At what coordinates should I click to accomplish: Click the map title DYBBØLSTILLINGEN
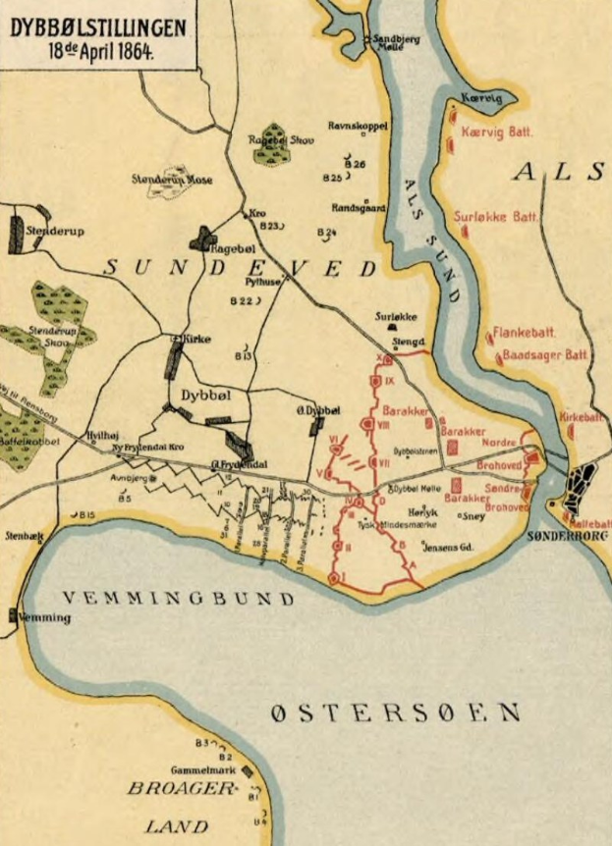point(97,29)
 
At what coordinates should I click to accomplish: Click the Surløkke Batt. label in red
point(496,217)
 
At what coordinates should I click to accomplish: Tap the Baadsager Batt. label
point(544,354)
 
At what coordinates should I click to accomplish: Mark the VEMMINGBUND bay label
point(178,599)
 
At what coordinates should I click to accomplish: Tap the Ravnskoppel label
point(359,126)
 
